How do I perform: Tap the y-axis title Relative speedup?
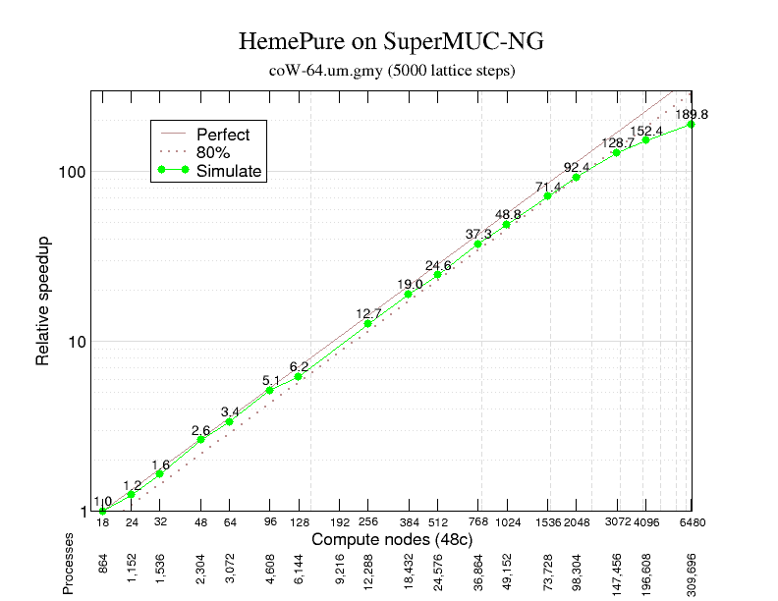43,300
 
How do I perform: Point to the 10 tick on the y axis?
79,342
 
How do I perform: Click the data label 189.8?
692,114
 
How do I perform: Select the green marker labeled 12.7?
368,323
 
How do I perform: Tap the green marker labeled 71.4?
547,195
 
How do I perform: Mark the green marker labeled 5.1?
270,390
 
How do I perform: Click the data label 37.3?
478,233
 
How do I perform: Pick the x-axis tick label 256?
368,522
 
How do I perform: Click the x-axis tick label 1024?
508,522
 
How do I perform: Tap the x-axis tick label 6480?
692,522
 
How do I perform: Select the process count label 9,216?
340,572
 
